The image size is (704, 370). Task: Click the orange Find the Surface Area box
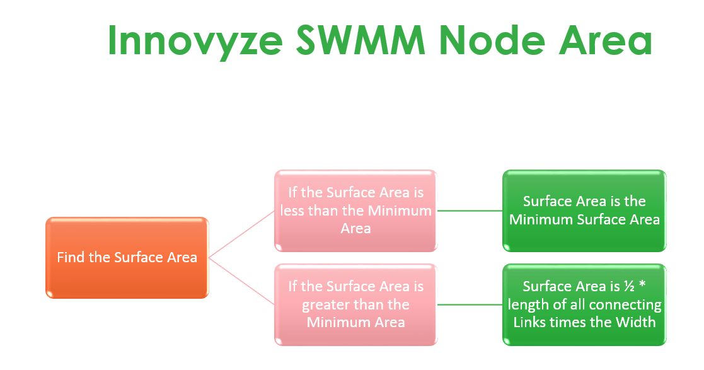[x=127, y=257]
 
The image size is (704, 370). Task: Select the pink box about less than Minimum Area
[x=355, y=211]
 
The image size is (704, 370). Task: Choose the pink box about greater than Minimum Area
[x=355, y=304]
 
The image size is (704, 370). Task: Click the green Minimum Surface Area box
[x=584, y=211]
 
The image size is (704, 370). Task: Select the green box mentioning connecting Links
[x=584, y=304]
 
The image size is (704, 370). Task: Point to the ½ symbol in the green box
[x=631, y=286]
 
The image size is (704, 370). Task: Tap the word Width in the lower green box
[x=637, y=322]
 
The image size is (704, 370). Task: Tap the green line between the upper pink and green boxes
[x=470, y=211]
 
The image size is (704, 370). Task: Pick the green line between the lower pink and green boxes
[x=470, y=304]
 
